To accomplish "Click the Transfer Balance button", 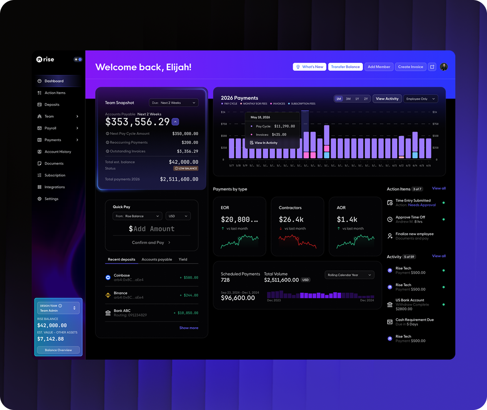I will point(345,67).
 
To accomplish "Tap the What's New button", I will point(309,67).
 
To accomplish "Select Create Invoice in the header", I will point(410,67).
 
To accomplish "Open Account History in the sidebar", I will point(58,152).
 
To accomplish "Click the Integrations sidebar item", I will point(54,187).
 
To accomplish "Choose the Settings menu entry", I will point(51,199).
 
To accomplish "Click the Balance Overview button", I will point(58,350).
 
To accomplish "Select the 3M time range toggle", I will point(348,99).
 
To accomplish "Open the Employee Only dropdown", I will point(421,99).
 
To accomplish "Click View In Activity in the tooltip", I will point(266,143).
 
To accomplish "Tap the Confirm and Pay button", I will point(151,242).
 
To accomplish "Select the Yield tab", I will point(183,259).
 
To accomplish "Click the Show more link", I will point(188,328).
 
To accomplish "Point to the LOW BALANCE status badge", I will point(186,168).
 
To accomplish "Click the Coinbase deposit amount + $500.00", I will point(188,277).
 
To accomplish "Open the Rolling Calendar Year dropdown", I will point(349,275).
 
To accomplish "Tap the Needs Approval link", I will point(422,205).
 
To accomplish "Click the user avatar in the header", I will point(444,67).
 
